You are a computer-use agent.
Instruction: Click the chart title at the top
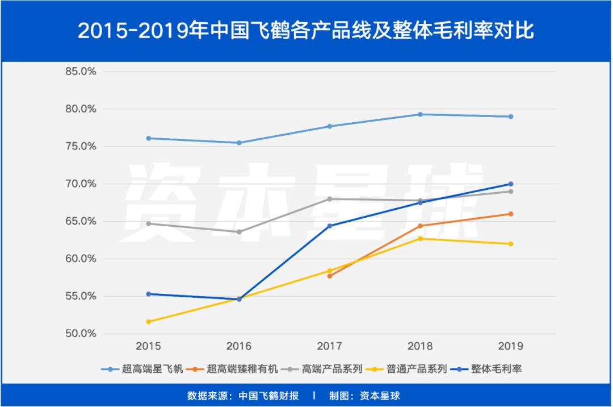click(306, 30)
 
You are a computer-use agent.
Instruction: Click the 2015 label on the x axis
click(149, 346)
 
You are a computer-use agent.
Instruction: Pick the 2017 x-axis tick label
click(329, 346)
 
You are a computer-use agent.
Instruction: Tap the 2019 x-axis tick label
click(510, 346)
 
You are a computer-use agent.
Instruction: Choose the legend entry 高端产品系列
click(332, 369)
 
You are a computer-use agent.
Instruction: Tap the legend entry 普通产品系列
click(417, 369)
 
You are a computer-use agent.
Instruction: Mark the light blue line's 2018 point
click(420, 114)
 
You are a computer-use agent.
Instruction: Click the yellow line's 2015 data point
click(149, 322)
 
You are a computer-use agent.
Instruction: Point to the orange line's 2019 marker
click(510, 214)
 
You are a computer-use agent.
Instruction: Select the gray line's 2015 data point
click(149, 223)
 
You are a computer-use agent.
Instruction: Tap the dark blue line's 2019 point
click(510, 184)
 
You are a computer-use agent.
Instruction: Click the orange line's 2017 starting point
click(329, 276)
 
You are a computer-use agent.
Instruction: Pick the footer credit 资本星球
click(380, 396)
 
